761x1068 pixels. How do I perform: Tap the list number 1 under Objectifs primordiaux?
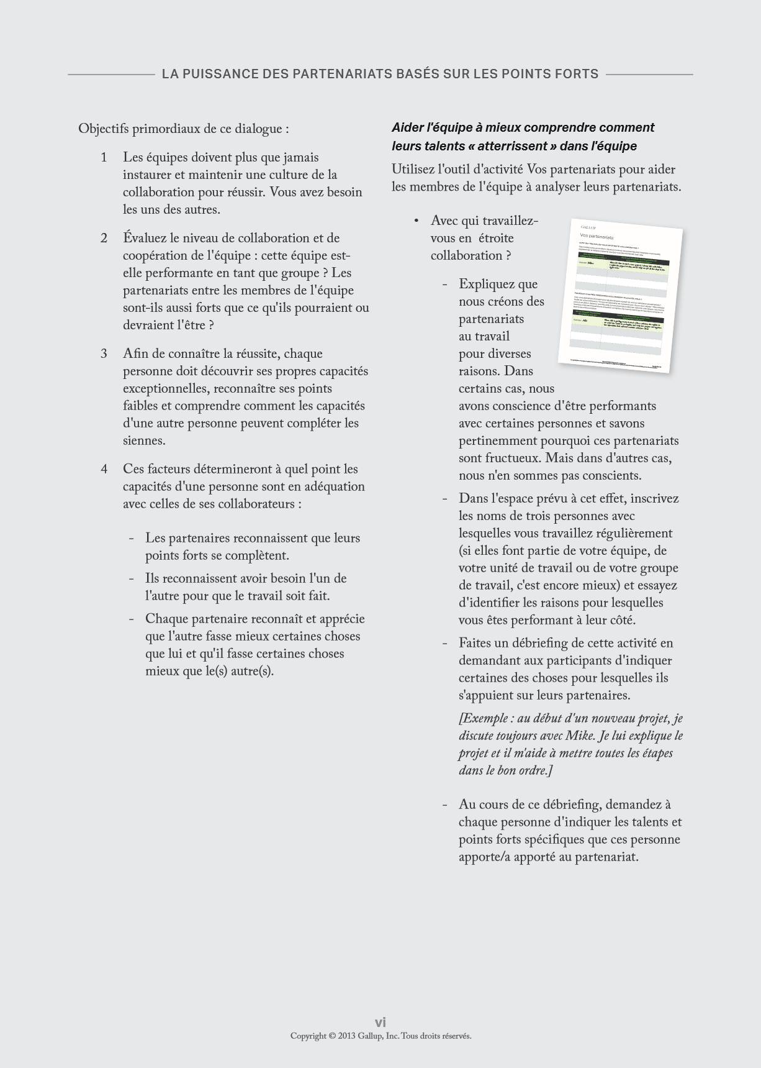tap(104, 158)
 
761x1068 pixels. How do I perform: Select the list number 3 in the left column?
tap(104, 354)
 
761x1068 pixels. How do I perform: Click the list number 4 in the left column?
tap(104, 470)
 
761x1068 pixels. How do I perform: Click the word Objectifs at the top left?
tap(103, 129)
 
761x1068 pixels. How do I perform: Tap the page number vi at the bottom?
tap(381, 1022)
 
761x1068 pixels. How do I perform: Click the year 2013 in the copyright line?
tap(346, 1036)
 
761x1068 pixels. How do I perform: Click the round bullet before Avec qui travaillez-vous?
tap(417, 221)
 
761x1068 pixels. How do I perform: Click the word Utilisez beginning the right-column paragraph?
tap(413, 170)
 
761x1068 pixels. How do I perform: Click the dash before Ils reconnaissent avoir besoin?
tap(132, 579)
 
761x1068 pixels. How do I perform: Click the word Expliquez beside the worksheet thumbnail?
tap(490, 285)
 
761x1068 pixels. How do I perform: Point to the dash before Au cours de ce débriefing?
tap(445, 805)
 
